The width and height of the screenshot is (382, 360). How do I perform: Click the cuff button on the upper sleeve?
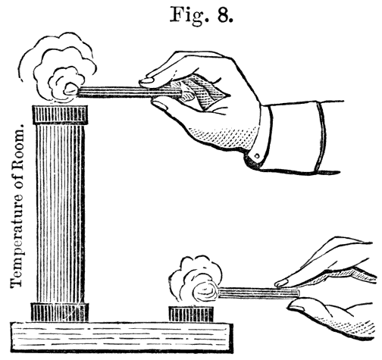257,156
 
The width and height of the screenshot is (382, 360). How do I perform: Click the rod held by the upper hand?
129,92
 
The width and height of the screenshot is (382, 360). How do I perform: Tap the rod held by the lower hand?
258,293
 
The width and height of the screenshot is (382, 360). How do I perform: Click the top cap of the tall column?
60,115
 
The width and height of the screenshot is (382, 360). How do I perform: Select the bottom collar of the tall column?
60,312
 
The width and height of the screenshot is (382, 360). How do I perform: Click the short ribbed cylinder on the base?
191,315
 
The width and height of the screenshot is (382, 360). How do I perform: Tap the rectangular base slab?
121,337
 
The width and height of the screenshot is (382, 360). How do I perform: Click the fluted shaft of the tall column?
61,214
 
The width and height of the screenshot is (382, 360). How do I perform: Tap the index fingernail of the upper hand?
147,80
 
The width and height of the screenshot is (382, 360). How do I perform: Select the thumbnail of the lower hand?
297,308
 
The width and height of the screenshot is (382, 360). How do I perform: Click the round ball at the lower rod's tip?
205,293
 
